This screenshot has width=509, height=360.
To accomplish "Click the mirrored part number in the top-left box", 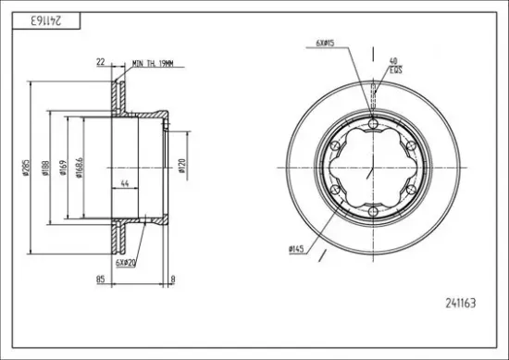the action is pos(46,20).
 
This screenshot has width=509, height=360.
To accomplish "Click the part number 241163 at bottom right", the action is pos(461,304).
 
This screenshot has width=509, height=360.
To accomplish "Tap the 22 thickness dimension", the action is pos(101,62).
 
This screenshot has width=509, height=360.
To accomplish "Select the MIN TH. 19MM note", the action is pos(153,64).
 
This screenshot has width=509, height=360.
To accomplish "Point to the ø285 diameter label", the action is pos(26,168).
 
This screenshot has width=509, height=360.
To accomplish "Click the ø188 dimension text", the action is pos(45,168).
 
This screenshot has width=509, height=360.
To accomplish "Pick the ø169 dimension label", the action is pos(63,168).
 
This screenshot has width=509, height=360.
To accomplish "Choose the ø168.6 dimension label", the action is pos(80,168).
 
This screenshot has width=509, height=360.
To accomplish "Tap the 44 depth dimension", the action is pos(125,184).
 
